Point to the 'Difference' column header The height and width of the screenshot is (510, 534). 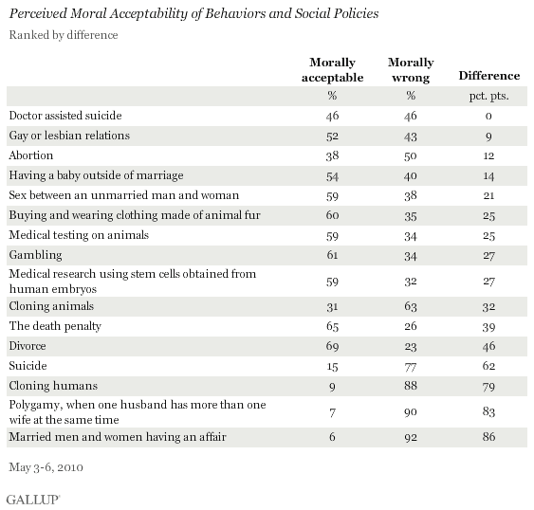point(488,75)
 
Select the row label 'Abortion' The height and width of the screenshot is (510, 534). point(31,155)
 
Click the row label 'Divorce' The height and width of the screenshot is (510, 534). point(28,344)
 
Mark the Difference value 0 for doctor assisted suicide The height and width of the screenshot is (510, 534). point(489,115)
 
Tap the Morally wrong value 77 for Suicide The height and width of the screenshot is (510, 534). point(412,365)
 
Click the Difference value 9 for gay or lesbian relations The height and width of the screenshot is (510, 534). point(489,136)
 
